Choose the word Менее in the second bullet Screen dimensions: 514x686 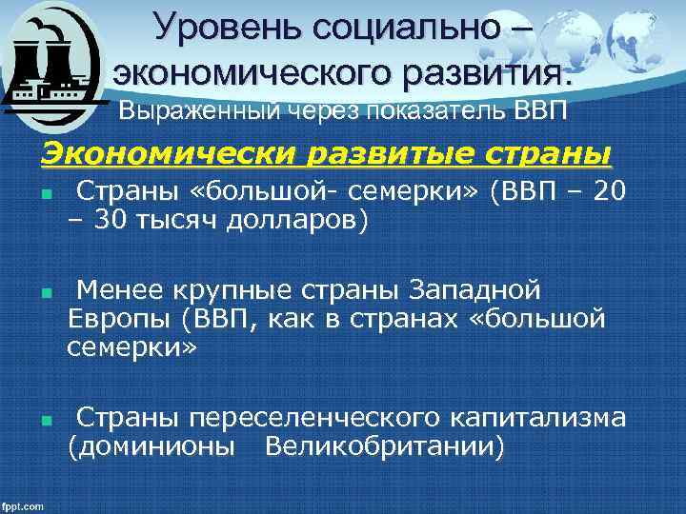coord(112,288)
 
